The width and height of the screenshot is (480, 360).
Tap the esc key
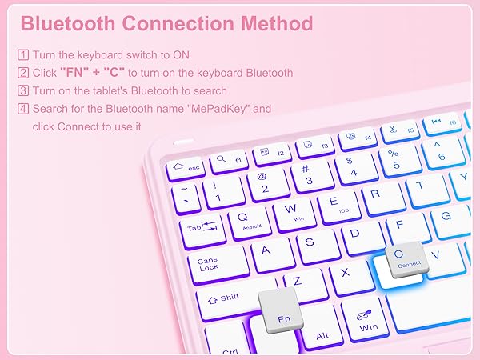pyautogui.click(x=186, y=168)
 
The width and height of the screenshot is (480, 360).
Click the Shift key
pyautogui.click(x=223, y=298)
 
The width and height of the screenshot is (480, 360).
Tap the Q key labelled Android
pyautogui.click(x=244, y=218)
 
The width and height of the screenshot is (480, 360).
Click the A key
pyautogui.click(x=267, y=251)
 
